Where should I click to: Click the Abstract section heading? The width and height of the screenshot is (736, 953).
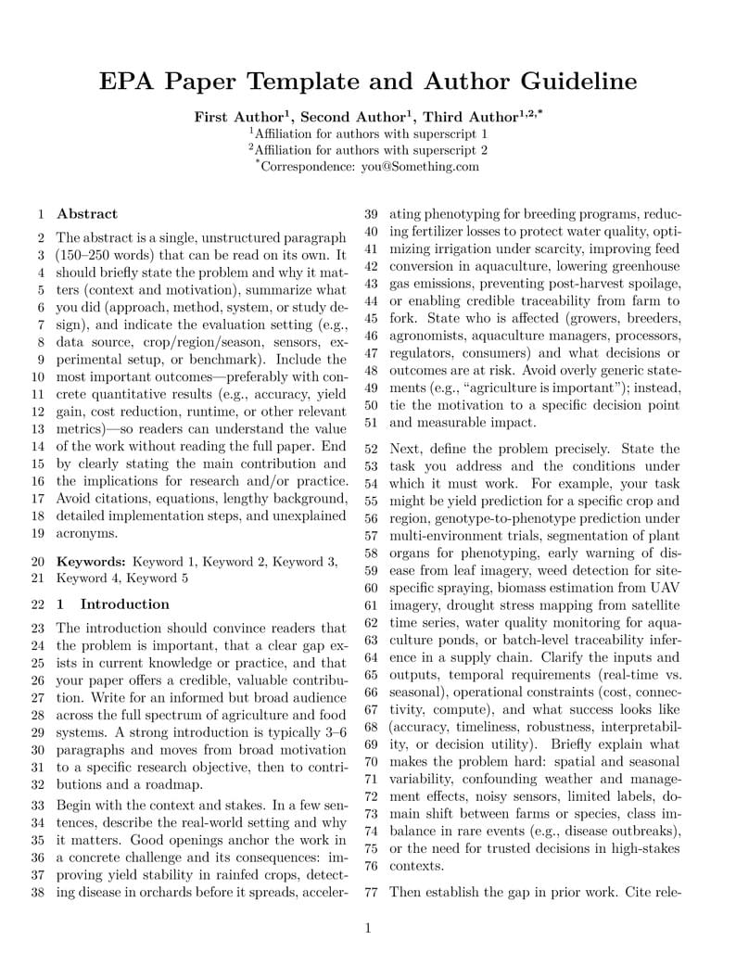click(x=87, y=213)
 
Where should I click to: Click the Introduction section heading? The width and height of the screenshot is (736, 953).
click(x=124, y=604)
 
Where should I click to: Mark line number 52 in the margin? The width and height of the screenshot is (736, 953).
click(x=371, y=449)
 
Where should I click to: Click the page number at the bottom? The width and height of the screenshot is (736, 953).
click(x=368, y=928)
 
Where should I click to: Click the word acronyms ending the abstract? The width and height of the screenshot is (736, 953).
click(x=87, y=533)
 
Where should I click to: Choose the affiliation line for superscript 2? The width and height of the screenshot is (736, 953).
click(x=368, y=149)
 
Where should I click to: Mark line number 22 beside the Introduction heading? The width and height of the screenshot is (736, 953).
click(x=38, y=604)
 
